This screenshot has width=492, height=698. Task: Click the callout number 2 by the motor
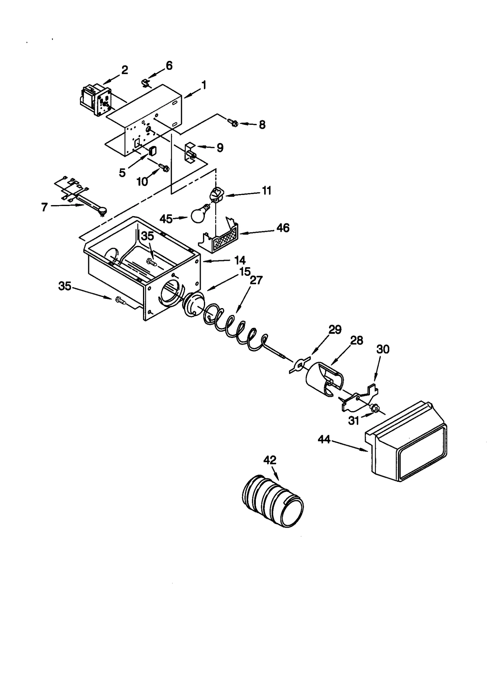[x=124, y=70]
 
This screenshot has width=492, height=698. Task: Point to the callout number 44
[x=324, y=439]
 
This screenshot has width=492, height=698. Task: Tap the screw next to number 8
[x=233, y=123]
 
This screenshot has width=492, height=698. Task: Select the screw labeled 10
[x=164, y=168]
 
